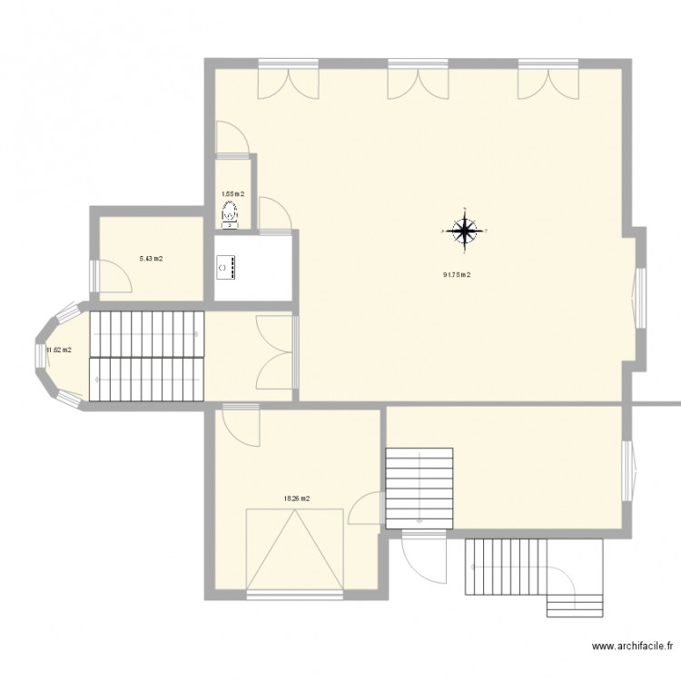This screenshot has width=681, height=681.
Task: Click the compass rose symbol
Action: click(465, 232)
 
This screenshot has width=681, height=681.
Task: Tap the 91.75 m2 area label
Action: click(456, 276)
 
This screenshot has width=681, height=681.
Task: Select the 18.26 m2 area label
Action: click(297, 498)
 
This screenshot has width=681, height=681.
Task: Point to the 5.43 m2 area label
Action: click(151, 259)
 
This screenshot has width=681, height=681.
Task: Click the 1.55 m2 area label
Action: click(233, 193)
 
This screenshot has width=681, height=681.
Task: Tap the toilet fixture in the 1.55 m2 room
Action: click(230, 214)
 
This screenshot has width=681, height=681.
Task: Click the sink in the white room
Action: click(225, 268)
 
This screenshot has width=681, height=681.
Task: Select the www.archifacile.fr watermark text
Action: click(631, 647)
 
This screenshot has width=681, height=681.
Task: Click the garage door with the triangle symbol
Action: click(295, 550)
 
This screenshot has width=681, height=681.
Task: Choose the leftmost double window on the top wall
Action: click(287, 80)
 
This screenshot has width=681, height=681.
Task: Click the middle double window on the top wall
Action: click(418, 80)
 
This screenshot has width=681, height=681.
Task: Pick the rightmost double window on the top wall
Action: click(548, 80)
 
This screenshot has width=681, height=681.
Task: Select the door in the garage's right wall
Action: click(365, 508)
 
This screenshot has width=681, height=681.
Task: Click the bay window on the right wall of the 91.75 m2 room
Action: click(637, 298)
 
